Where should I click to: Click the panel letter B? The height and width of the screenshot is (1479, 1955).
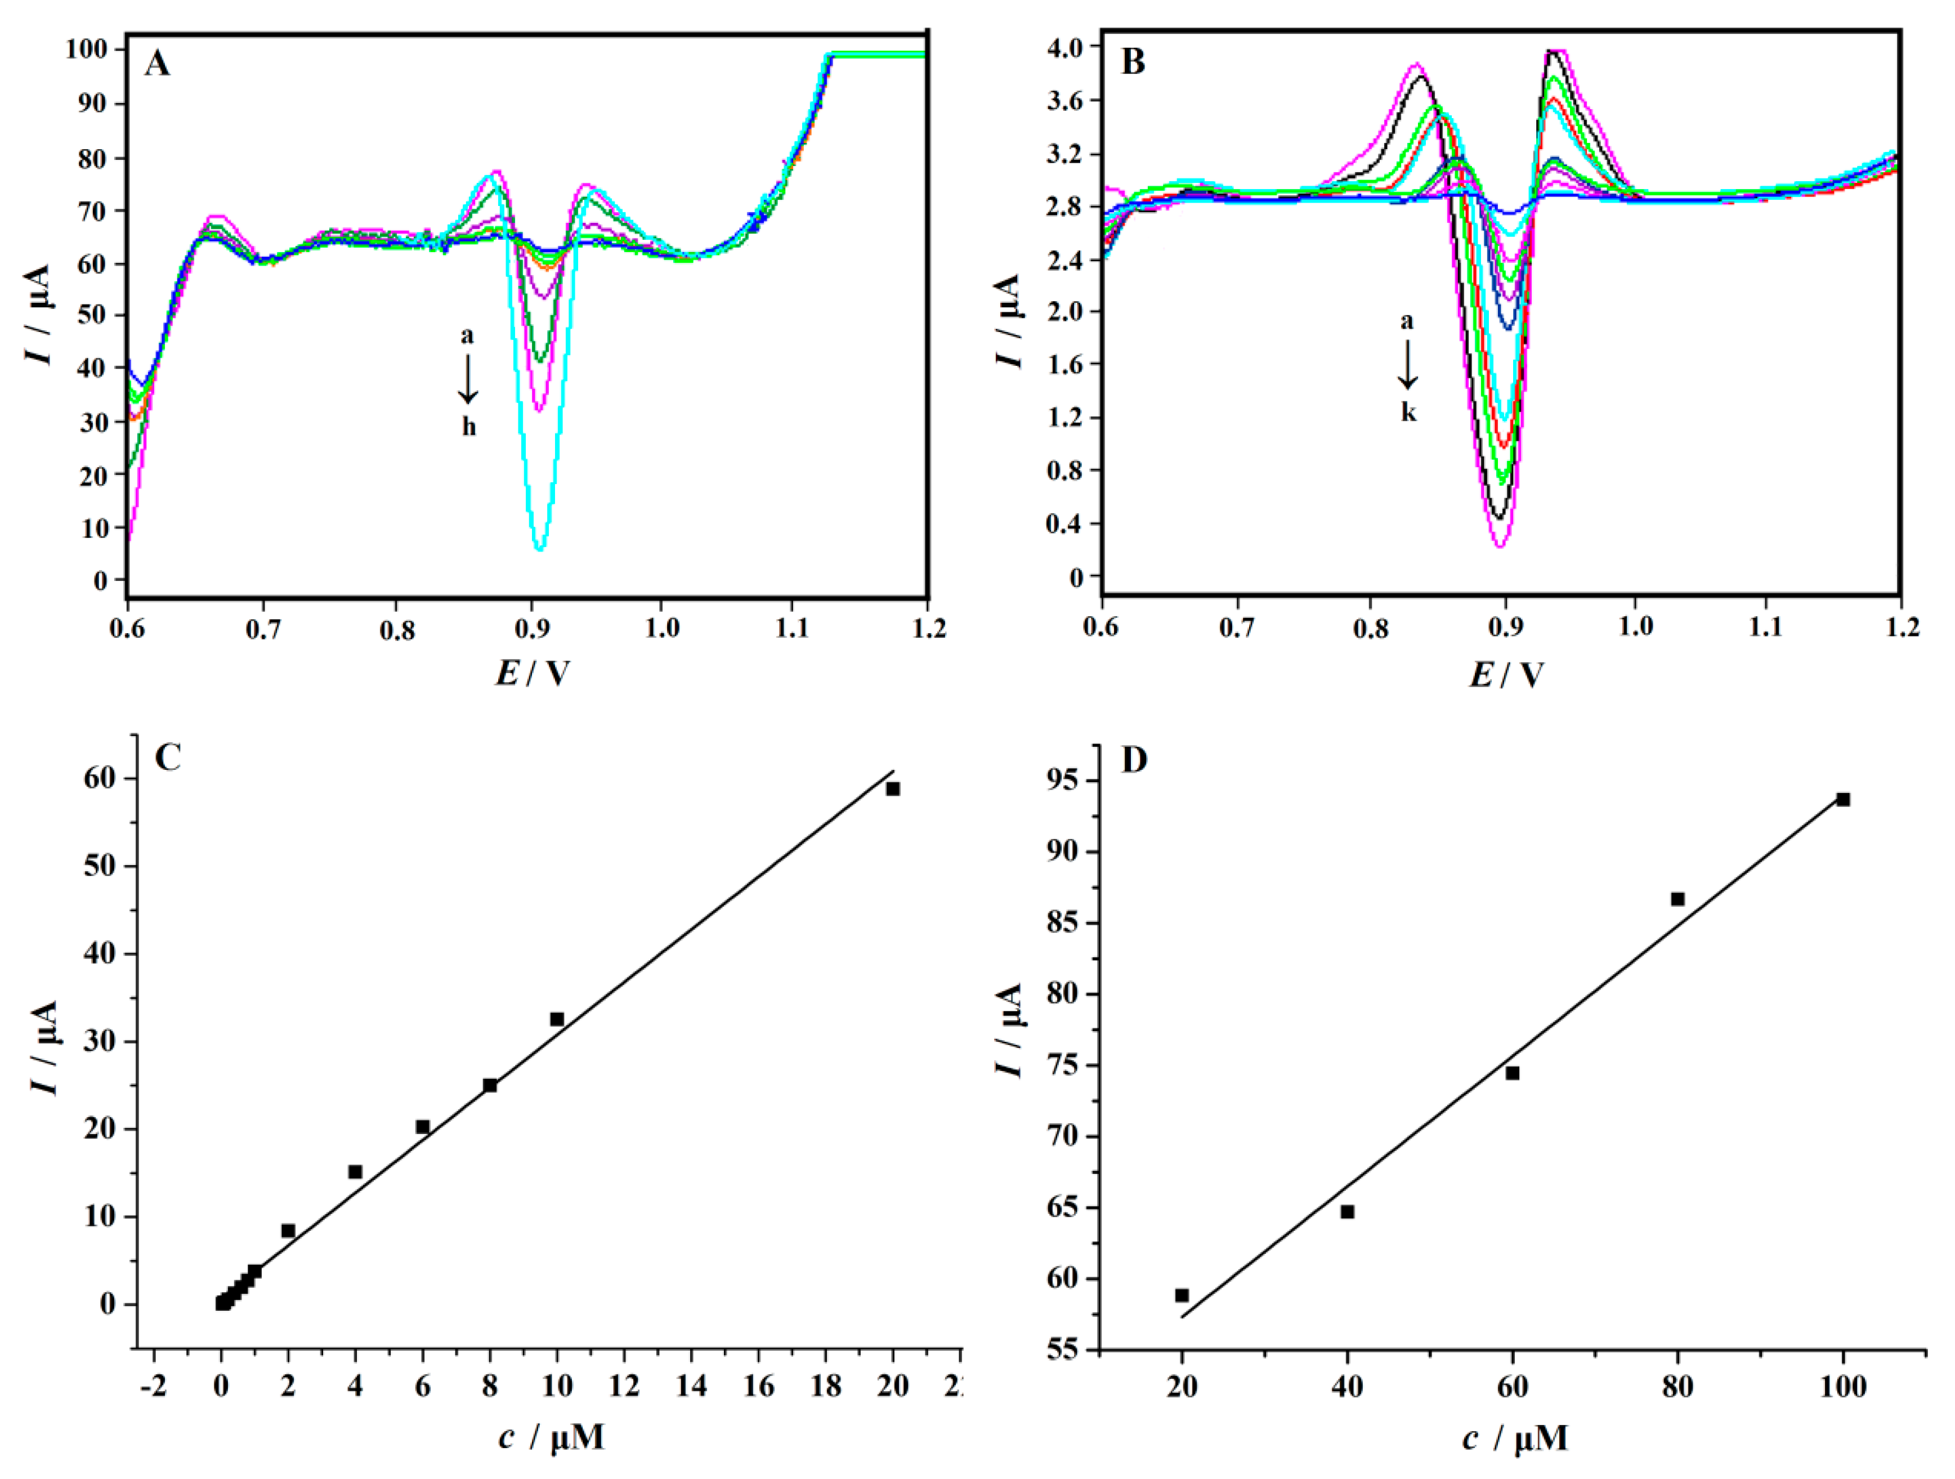point(1132,62)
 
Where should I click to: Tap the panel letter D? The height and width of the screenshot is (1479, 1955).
point(1134,760)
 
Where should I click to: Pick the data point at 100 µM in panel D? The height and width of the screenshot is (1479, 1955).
point(1843,800)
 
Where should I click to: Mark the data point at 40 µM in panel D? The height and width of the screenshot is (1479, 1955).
point(1347,1211)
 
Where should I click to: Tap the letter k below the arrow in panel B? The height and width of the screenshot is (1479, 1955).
point(1408,413)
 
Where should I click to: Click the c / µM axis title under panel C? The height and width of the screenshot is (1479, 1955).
point(551,1437)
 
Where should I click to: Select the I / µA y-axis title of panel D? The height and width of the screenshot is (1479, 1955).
point(1008,1030)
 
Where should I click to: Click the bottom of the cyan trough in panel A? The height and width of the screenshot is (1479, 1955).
point(540,548)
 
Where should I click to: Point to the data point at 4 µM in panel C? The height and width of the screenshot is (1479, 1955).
point(355,1172)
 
